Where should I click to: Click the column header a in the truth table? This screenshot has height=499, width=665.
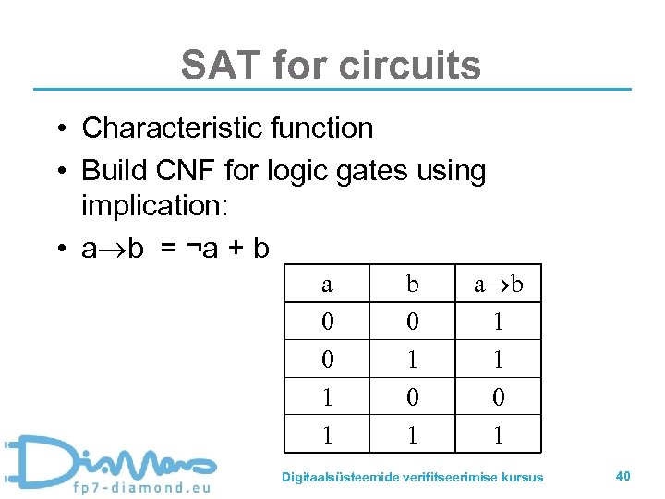[326, 285]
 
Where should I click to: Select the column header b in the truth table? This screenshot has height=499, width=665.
[412, 285]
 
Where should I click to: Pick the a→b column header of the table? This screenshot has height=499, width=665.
[498, 285]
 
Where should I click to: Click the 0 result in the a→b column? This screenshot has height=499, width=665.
[498, 397]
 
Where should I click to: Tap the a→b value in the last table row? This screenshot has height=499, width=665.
[498, 434]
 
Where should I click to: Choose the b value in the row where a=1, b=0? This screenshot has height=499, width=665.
[412, 397]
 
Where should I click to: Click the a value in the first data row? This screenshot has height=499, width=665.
[326, 322]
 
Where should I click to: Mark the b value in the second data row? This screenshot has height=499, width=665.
[412, 359]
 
